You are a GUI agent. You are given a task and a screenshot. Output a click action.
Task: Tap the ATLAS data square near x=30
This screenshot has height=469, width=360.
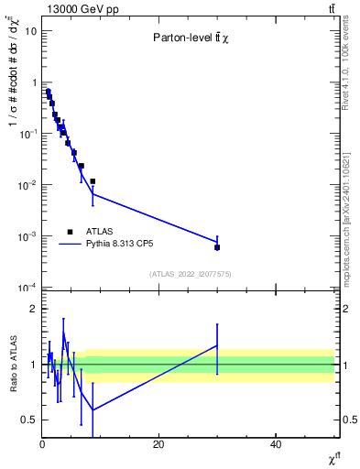[217, 247]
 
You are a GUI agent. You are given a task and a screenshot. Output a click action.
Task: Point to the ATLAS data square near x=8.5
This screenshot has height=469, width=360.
[93, 181]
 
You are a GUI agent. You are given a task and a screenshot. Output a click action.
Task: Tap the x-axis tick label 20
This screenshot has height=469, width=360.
[158, 444]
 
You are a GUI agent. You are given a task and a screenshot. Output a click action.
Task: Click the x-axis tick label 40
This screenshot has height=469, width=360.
[276, 444]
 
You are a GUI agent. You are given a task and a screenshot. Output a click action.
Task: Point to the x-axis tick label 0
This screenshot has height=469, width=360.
[42, 444]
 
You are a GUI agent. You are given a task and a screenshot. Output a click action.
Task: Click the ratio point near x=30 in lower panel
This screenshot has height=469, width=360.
[217, 345]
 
